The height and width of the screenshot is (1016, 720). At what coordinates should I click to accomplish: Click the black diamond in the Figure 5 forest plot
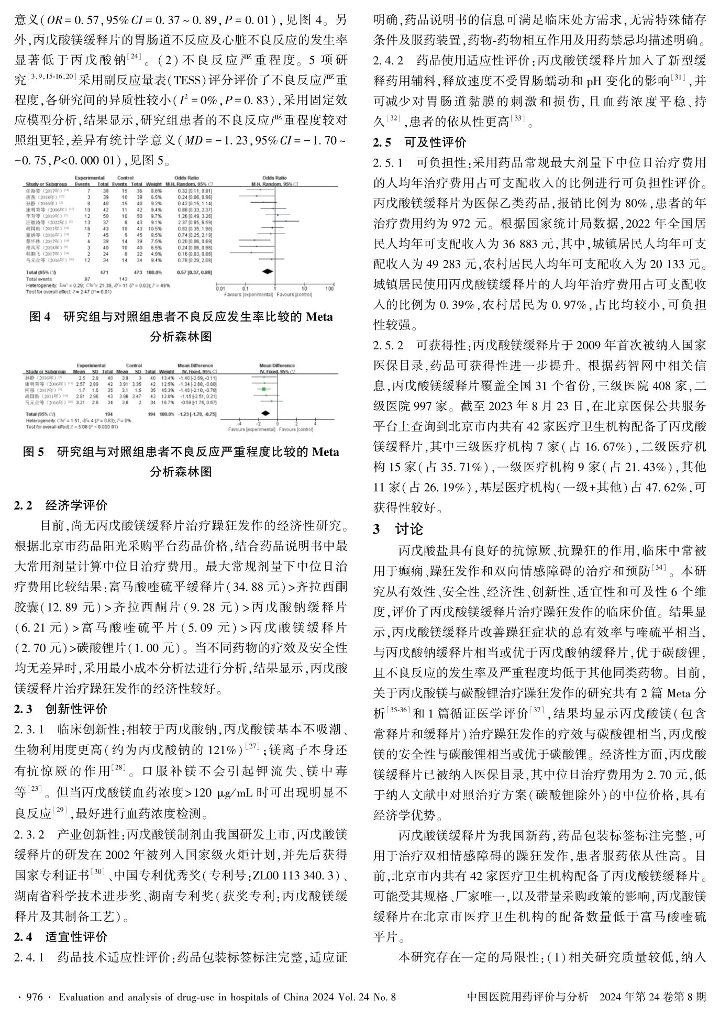268,414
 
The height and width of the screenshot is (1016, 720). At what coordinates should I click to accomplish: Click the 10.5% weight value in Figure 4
157,229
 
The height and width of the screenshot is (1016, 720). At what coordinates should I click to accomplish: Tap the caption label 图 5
36,452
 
